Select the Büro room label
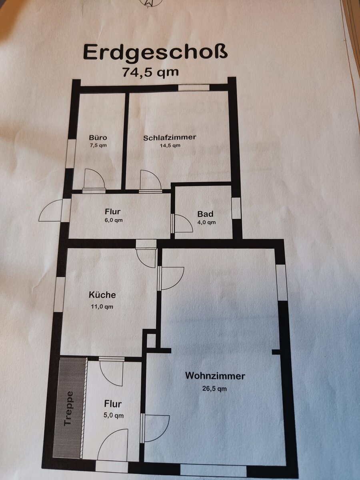(98, 138)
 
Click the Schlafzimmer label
(170, 138)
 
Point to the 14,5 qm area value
(170, 146)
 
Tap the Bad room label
(205, 214)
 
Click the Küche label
(102, 295)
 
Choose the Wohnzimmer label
(215, 376)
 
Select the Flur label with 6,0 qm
(112, 212)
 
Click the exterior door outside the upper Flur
(51, 210)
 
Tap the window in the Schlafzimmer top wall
(194, 88)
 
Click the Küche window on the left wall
(59, 294)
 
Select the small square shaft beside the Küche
(151, 341)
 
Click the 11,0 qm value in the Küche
(102, 306)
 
